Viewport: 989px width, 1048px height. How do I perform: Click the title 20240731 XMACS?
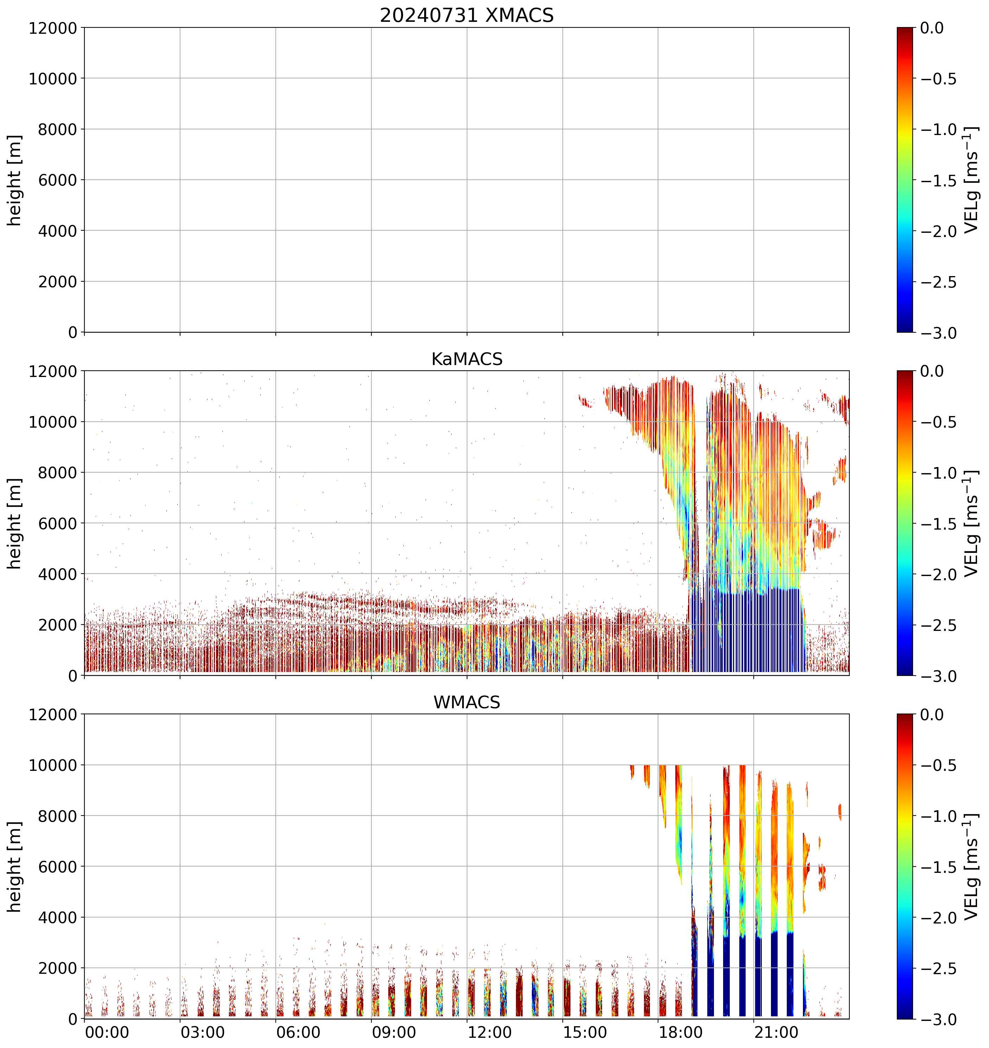[x=467, y=15]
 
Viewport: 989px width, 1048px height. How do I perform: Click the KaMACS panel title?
[x=467, y=359]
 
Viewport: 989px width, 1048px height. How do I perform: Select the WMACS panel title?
[x=467, y=702]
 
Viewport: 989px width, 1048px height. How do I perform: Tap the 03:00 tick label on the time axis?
[x=203, y=1032]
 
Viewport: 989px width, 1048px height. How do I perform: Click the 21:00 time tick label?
[x=776, y=1032]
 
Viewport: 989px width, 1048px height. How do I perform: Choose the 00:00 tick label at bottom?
[x=107, y=1032]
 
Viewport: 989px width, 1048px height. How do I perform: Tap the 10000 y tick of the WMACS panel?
[x=53, y=765]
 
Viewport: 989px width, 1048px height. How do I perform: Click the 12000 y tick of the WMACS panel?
[x=53, y=714]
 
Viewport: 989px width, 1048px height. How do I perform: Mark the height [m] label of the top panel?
[x=15, y=180]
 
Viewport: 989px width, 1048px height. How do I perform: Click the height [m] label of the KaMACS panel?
[x=15, y=524]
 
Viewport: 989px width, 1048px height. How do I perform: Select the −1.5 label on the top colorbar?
[x=938, y=180]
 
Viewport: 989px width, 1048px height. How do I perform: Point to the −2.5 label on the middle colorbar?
[x=938, y=626]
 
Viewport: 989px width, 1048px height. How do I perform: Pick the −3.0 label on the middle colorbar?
[x=938, y=676]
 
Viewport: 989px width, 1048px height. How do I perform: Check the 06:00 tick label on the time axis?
[x=298, y=1032]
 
